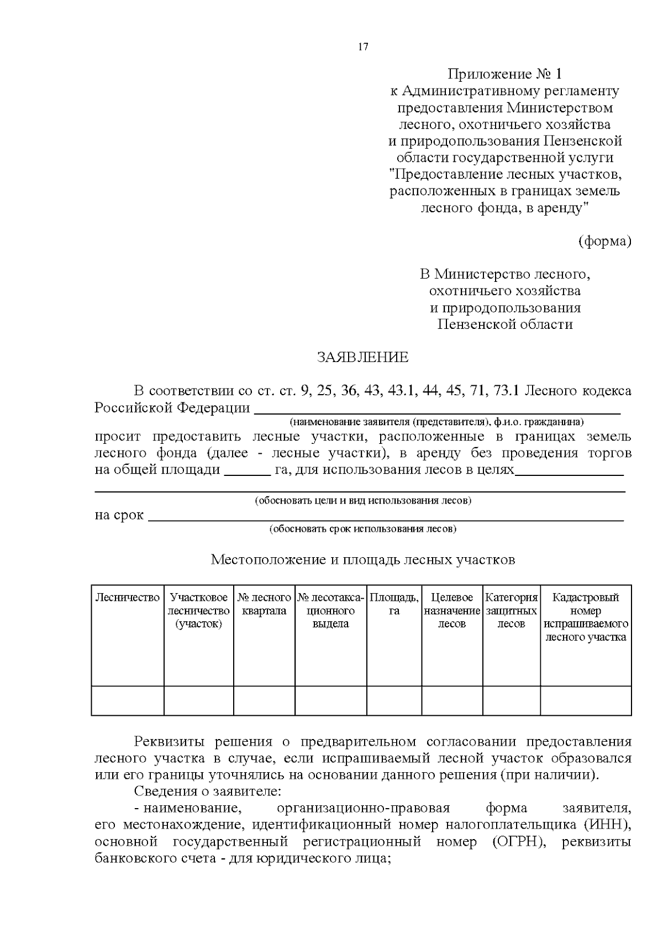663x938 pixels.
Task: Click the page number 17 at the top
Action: coord(363,47)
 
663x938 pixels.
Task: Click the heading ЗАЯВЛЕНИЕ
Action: coord(362,358)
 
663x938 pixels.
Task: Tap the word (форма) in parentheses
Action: coord(605,242)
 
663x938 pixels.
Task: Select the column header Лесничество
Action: coord(128,598)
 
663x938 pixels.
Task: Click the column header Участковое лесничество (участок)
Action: coord(198,611)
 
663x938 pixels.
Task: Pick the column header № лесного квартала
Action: coord(264,604)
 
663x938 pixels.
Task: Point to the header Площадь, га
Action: coord(394,604)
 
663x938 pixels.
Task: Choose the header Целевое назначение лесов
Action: coord(452,611)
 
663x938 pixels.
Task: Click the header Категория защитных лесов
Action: coord(511,611)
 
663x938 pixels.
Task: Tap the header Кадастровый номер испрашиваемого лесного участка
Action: coord(586,617)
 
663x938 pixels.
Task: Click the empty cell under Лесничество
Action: coord(128,701)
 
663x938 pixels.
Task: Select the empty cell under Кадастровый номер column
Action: coord(586,701)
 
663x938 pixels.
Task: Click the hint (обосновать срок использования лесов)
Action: coord(362,529)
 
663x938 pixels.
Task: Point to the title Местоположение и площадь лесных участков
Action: coord(362,560)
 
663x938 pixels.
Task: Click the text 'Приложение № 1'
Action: coord(504,74)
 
